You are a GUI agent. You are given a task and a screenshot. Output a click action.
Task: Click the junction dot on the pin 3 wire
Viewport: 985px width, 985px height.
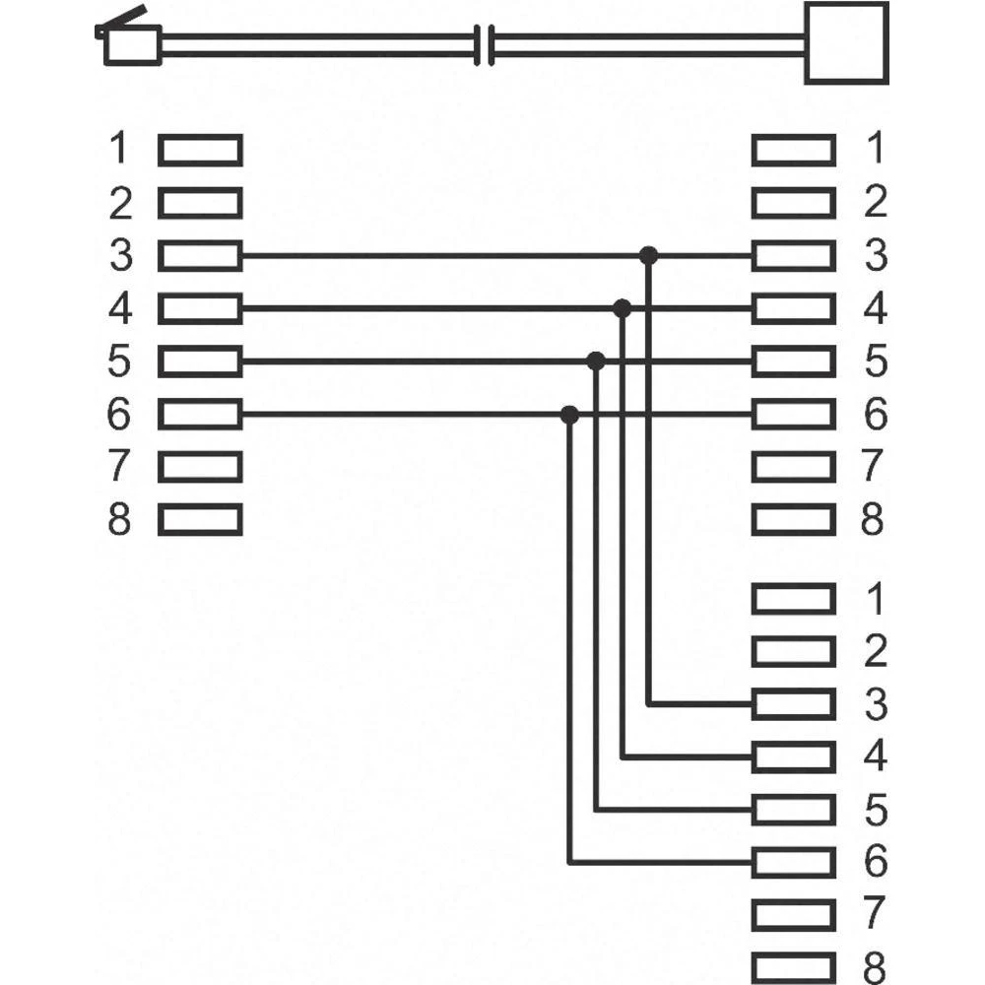coord(648,256)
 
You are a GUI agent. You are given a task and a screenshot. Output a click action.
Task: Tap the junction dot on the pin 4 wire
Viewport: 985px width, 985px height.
coord(622,308)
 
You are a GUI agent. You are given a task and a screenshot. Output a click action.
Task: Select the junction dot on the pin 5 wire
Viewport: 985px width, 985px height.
coord(595,361)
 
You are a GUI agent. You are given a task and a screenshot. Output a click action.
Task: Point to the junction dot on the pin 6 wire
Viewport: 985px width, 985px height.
coord(568,415)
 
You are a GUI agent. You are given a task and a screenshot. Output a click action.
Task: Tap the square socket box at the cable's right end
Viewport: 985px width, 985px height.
coord(846,41)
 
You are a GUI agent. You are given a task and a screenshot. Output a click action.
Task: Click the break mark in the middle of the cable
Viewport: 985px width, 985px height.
coord(483,43)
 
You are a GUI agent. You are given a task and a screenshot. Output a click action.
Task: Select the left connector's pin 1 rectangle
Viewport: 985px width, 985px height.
coord(200,150)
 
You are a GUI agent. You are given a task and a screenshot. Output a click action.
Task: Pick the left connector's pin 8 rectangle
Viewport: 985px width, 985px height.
coord(200,519)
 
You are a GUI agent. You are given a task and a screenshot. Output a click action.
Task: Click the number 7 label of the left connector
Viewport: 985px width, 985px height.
coord(119,466)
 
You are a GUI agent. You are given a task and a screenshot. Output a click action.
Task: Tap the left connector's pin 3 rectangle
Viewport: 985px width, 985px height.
coord(200,256)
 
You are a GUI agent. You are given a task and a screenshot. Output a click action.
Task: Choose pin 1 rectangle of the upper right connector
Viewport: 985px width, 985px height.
coord(793,150)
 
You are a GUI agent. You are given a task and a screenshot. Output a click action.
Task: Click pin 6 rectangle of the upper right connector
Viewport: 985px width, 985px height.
coord(793,414)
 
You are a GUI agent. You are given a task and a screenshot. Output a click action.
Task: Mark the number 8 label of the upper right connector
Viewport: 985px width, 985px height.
coord(873,519)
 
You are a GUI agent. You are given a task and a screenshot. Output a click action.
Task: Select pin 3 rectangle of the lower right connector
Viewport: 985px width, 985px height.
coord(793,703)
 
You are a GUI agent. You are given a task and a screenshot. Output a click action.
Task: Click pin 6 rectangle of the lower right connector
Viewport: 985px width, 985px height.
coord(793,862)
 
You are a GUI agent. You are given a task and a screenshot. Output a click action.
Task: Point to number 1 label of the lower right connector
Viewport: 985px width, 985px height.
coord(873,598)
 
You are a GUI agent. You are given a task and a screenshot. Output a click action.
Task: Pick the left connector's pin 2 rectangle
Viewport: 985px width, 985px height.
coord(200,203)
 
